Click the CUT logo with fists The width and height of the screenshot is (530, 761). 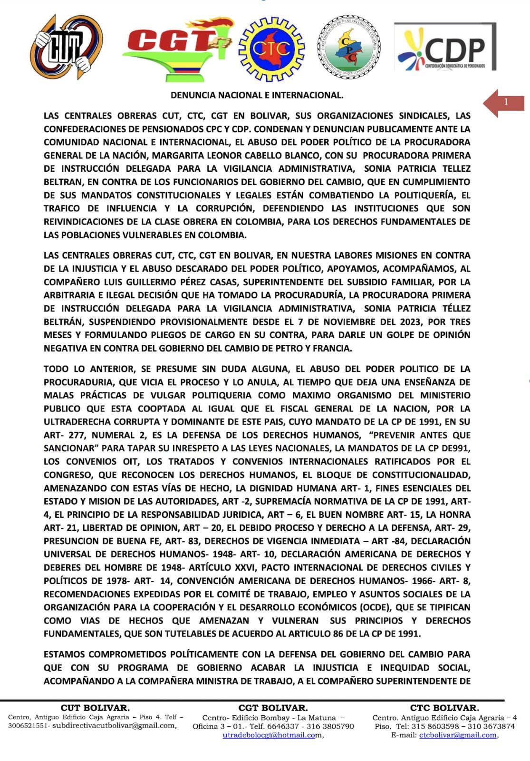point(66,47)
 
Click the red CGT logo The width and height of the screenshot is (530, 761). point(176,48)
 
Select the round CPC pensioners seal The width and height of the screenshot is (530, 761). point(348,47)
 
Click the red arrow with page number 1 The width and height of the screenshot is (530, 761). point(503,102)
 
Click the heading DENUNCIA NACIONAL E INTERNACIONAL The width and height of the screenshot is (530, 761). point(257,95)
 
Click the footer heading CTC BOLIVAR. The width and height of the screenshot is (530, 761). point(444,708)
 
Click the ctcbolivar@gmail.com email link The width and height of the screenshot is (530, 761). point(457,735)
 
